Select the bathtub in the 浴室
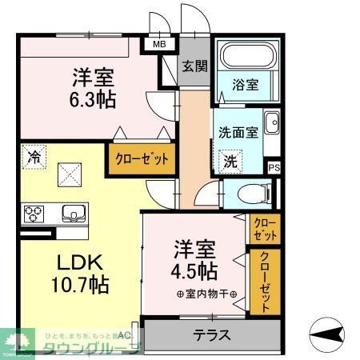247,58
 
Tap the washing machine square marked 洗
230,160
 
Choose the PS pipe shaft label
274,167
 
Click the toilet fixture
253,193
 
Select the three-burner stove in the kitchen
35,214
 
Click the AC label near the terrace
124,335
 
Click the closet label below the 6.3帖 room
142,158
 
